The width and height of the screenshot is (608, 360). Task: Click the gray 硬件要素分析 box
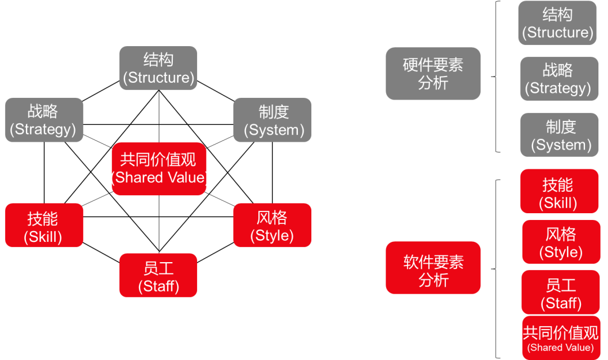pos(433,74)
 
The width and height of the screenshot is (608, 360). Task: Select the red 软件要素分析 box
pos(433,268)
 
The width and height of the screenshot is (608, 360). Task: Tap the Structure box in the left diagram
pos(158,68)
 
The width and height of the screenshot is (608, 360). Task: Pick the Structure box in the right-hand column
pos(557,23)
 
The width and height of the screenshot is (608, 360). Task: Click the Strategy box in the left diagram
pos(44,120)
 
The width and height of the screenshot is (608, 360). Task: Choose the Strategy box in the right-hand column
pos(559,79)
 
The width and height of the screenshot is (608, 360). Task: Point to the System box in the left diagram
pos(272,120)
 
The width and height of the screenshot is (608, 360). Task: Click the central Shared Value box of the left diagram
pos(159,169)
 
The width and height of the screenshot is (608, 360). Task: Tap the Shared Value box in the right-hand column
pos(561,338)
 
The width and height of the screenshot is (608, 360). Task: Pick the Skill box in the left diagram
pos(44,226)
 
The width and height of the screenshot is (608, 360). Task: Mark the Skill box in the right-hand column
pos(559,191)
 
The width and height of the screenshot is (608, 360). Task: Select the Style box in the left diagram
pos(272,226)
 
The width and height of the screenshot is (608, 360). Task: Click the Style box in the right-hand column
pos(561,242)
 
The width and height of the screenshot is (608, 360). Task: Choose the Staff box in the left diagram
pos(158,276)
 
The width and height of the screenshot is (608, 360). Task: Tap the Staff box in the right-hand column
pos(561,292)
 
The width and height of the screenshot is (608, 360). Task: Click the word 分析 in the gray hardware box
pos(433,83)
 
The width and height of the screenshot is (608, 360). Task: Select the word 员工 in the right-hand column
pos(561,285)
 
